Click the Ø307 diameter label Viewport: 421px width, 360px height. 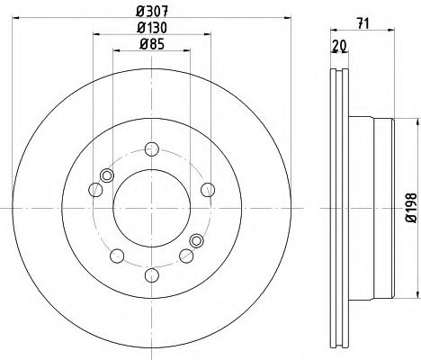(151, 12)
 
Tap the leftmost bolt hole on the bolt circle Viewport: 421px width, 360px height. (95, 189)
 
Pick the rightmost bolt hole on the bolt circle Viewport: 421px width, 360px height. (207, 188)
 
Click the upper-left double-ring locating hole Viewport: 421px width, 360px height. (108, 175)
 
